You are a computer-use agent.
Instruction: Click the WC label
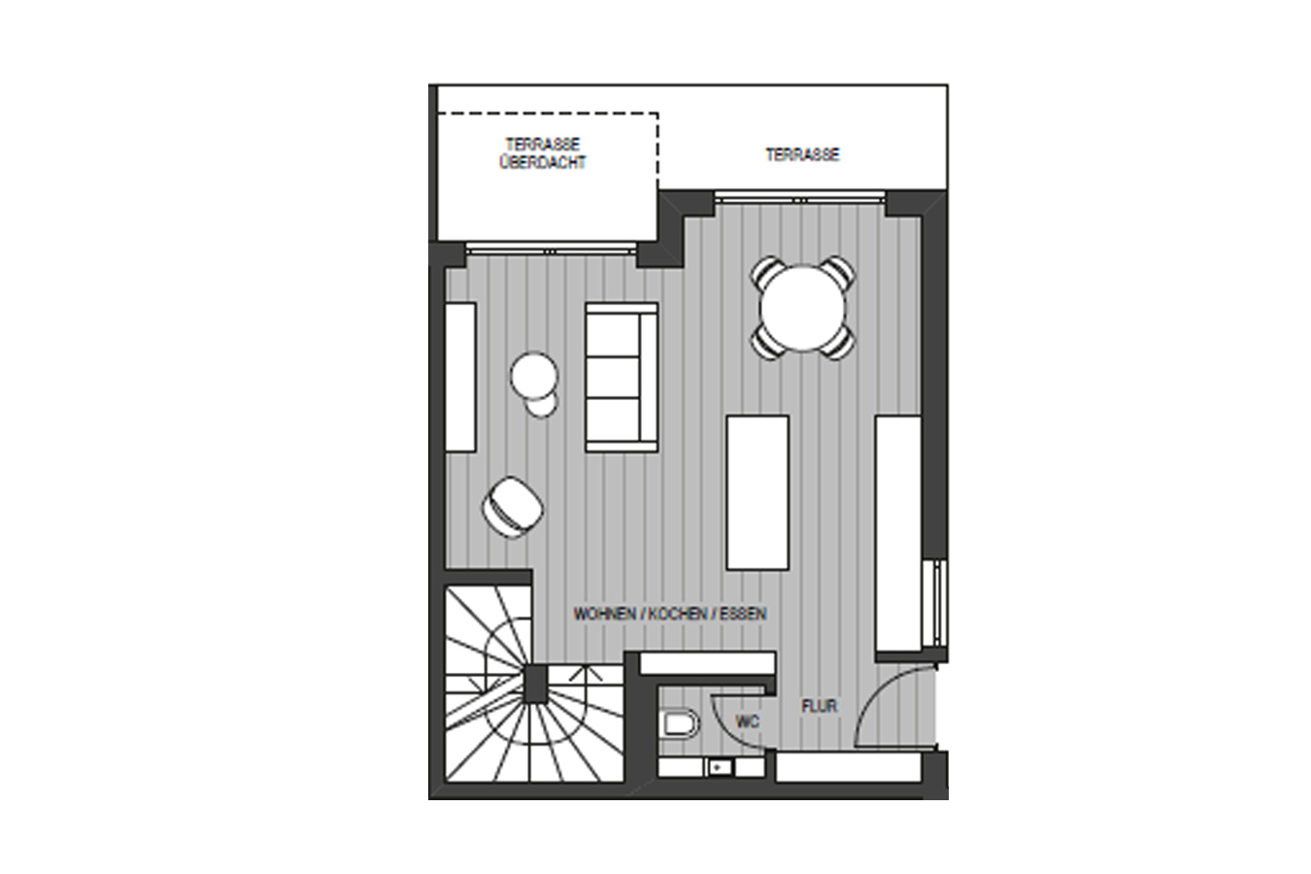point(748,722)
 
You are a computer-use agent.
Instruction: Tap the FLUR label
point(820,706)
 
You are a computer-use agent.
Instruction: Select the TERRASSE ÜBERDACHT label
point(543,153)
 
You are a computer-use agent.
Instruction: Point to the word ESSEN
point(743,614)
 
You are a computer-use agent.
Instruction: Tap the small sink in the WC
point(720,767)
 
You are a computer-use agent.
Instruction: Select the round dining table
point(802,308)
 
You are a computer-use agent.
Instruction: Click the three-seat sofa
point(622,378)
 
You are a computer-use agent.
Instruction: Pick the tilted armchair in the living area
point(513,507)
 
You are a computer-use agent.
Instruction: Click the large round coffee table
point(533,376)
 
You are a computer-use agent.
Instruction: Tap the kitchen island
point(757,492)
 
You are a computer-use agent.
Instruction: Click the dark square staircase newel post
point(535,684)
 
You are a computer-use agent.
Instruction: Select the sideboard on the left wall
point(460,378)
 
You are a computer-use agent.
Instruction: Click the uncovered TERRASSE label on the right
point(802,154)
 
